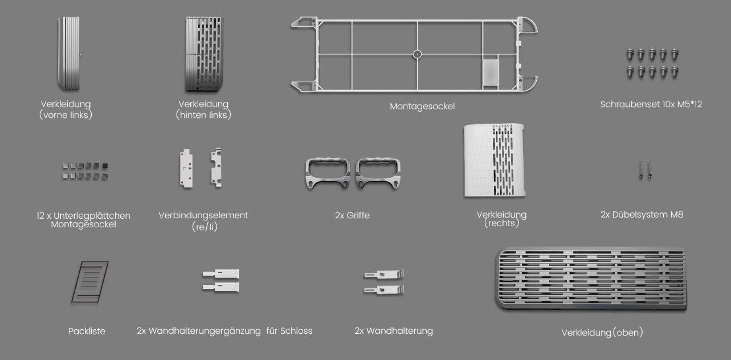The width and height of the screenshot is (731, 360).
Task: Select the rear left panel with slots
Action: tap(202, 54)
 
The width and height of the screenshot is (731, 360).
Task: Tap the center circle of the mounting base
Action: tap(417, 54)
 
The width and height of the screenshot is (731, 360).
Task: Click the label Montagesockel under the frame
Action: tap(422, 106)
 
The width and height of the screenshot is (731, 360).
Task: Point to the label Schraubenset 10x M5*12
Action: tap(651, 104)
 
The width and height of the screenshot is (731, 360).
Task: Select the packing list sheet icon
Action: tap(89, 281)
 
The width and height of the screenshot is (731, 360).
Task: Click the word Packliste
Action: tap(86, 330)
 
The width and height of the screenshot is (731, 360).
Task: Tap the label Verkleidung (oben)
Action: tap(602, 333)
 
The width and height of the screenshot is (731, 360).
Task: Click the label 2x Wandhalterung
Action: tap(393, 330)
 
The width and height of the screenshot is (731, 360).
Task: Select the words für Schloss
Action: tap(289, 330)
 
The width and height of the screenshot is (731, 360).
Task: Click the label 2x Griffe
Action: tap(352, 215)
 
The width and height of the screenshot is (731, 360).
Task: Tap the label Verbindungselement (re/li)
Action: tap(203, 220)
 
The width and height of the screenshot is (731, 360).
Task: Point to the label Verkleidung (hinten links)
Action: tap(203, 109)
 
